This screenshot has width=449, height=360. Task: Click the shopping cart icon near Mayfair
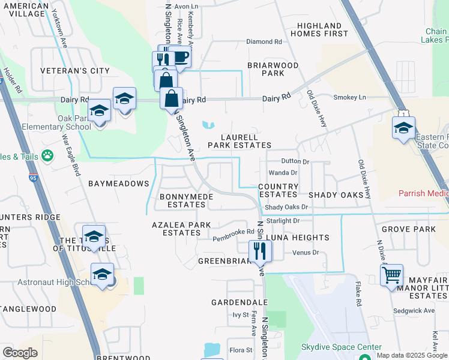coord(391,275)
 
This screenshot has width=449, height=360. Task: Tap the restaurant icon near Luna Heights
coord(260,250)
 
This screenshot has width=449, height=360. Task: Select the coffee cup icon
coord(179,58)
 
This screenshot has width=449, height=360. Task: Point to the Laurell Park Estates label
coord(240,141)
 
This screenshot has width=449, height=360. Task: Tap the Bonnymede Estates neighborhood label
coord(182,200)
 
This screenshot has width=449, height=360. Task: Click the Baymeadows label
coord(118,182)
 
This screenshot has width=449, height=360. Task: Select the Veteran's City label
coord(75,71)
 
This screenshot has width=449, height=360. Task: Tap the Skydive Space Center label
coord(341,347)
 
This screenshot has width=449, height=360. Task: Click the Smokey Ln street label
coord(349,97)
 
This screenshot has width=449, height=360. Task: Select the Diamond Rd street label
coord(264,42)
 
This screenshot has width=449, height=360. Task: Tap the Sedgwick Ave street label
coord(414,311)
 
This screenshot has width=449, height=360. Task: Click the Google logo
coord(20,353)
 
